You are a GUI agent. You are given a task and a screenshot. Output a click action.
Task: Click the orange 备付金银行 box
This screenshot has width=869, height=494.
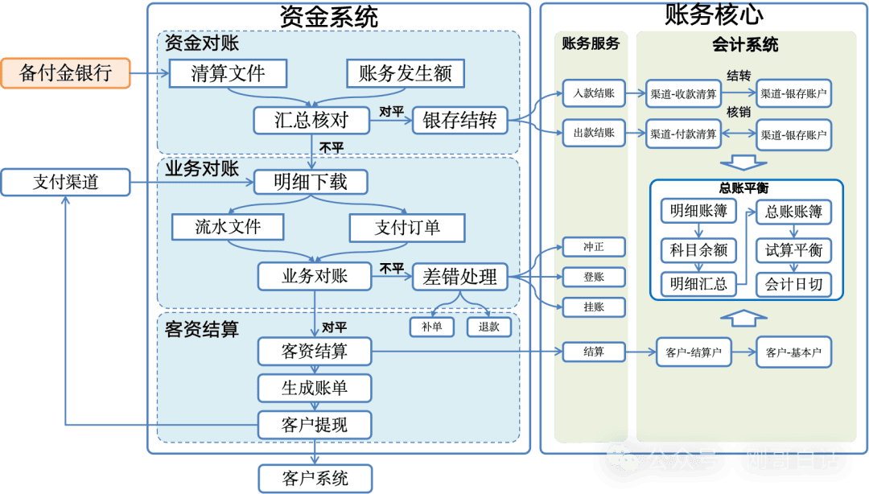tap(65, 73)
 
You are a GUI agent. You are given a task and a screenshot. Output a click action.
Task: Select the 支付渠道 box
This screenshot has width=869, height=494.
tap(65, 183)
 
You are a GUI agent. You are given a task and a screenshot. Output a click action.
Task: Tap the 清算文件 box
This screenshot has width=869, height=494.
tap(228, 73)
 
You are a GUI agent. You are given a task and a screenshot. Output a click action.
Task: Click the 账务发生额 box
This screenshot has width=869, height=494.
tap(406, 73)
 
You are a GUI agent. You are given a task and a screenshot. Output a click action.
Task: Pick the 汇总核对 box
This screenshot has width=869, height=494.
tap(311, 121)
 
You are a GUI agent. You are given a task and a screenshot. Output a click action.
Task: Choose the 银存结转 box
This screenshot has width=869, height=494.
tap(460, 121)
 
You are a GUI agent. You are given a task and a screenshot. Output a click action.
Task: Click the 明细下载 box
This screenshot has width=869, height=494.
tap(311, 182)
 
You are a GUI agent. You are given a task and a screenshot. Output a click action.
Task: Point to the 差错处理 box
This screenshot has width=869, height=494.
tap(460, 278)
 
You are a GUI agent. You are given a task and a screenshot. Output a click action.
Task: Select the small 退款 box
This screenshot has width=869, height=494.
tap(488, 327)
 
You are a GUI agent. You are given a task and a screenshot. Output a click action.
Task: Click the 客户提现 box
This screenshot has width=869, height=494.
tap(315, 424)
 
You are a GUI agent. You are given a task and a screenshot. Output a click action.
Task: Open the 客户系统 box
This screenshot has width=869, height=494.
tap(315, 479)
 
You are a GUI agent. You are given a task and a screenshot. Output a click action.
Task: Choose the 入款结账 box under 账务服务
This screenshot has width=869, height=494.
tap(594, 93)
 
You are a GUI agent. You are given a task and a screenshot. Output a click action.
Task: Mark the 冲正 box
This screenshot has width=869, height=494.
tap(594, 247)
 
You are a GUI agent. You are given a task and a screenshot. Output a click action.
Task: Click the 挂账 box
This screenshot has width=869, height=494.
tap(594, 307)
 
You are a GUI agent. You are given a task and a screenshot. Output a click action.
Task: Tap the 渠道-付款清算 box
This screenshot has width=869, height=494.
tap(683, 134)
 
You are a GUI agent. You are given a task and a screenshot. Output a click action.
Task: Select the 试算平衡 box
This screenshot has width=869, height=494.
tap(793, 249)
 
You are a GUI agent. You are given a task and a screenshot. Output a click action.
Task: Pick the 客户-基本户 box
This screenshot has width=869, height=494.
tap(793, 352)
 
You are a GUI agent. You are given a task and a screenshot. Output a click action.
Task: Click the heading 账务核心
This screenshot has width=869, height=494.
tap(703, 14)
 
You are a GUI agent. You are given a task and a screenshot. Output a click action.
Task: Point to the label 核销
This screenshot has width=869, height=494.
tap(738, 113)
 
